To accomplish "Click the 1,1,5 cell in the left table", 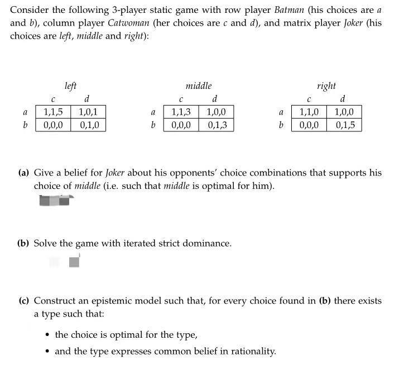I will pyautogui.click(x=53, y=112).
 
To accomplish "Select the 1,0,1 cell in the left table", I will pyautogui.click(x=88, y=112).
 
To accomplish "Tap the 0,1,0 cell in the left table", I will pyautogui.click(x=88, y=125).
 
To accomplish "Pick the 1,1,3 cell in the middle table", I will pyautogui.click(x=181, y=112).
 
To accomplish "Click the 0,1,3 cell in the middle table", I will pyautogui.click(x=216, y=125).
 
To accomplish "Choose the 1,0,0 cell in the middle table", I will pyautogui.click(x=216, y=112).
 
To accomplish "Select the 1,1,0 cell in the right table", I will pyautogui.click(x=309, y=112).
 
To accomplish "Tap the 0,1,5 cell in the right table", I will pyautogui.click(x=344, y=125).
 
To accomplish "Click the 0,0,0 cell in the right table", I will pyautogui.click(x=309, y=125).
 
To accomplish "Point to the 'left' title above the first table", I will pyautogui.click(x=70, y=86).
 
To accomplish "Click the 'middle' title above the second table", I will pyautogui.click(x=199, y=86).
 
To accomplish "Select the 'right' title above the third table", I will pyautogui.click(x=326, y=86).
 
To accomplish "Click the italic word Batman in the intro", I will pyautogui.click(x=288, y=10).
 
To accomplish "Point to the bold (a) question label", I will pyautogui.click(x=23, y=173).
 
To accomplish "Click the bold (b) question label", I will pyautogui.click(x=23, y=243).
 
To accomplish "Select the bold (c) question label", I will pyautogui.click(x=23, y=301).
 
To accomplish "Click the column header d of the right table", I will pyautogui.click(x=343, y=100).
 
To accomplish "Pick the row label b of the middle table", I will pyautogui.click(x=153, y=125).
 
